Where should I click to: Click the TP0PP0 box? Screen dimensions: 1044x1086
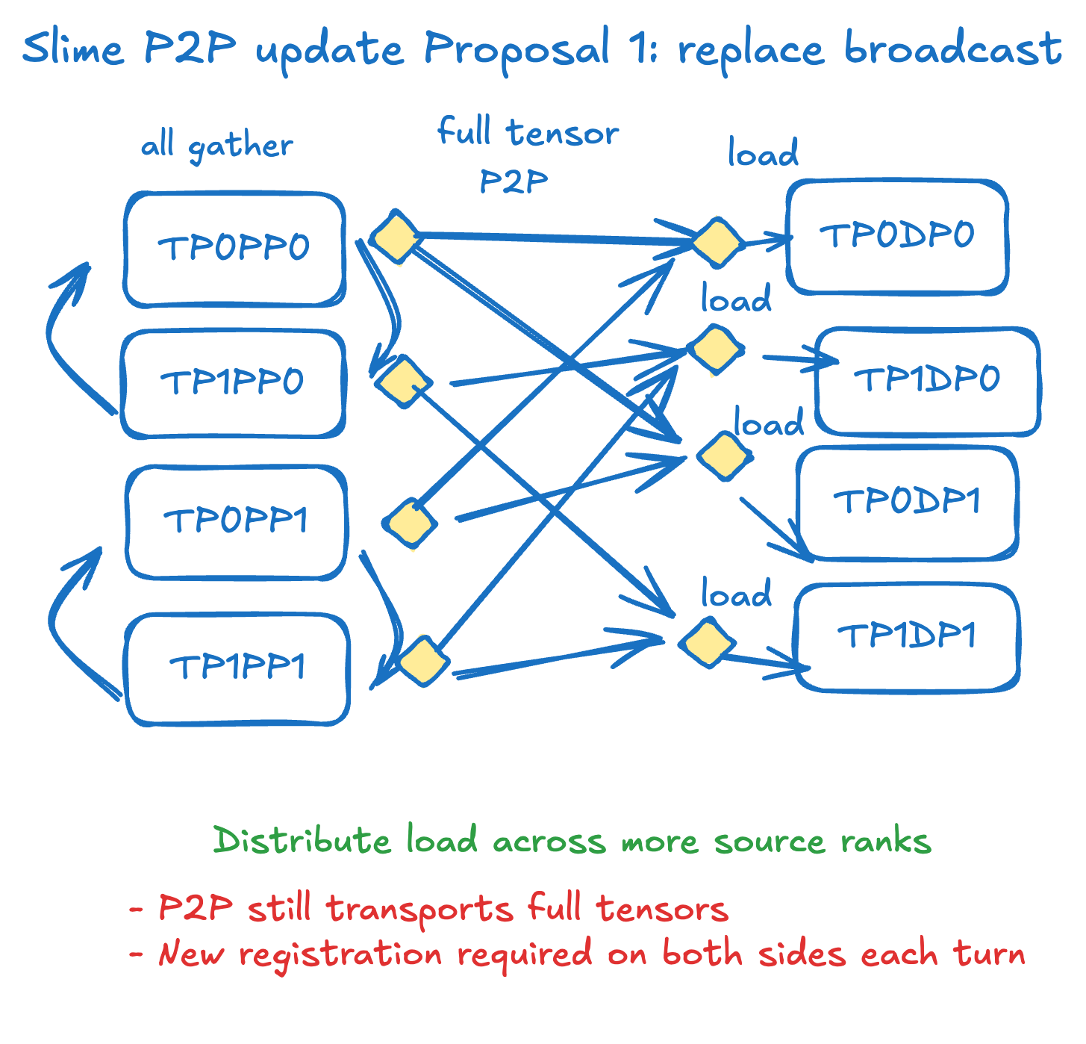click(234, 249)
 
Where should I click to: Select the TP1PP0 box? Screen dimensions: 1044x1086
click(233, 383)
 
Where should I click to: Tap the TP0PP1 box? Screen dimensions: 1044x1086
click(236, 521)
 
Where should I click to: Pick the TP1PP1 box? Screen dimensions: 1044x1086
click(237, 668)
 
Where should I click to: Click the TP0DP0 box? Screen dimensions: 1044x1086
click(897, 236)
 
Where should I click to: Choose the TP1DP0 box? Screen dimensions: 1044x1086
click(927, 380)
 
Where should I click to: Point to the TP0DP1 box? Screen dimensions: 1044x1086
click(906, 502)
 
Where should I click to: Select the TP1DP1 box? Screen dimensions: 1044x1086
click(907, 637)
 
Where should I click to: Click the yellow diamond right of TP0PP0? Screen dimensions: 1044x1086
click(396, 237)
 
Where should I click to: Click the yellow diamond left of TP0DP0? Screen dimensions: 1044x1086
click(717, 243)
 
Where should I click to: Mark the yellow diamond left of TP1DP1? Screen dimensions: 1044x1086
click(706, 642)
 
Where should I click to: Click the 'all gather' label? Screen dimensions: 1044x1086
click(217, 145)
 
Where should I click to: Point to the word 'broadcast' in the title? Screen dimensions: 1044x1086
click(952, 49)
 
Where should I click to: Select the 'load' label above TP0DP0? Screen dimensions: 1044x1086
click(763, 153)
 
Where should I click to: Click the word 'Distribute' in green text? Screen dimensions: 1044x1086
click(302, 841)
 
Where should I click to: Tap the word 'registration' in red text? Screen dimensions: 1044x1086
click(340, 955)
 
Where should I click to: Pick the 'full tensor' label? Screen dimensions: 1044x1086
click(528, 133)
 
